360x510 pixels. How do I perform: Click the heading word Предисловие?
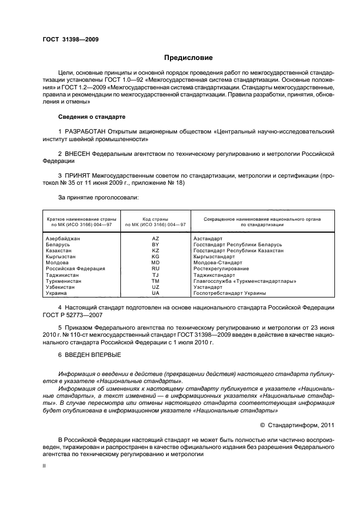point(188,58)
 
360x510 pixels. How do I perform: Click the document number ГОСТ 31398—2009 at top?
point(70,39)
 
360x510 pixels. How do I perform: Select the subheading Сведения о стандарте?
point(91,117)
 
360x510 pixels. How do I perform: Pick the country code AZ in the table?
point(155,239)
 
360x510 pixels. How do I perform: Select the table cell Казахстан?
point(59,251)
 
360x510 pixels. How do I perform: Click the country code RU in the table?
point(155,269)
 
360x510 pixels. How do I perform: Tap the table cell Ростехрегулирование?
point(221,269)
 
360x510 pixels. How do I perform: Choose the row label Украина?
point(56,293)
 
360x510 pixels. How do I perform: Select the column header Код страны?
point(155,218)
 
